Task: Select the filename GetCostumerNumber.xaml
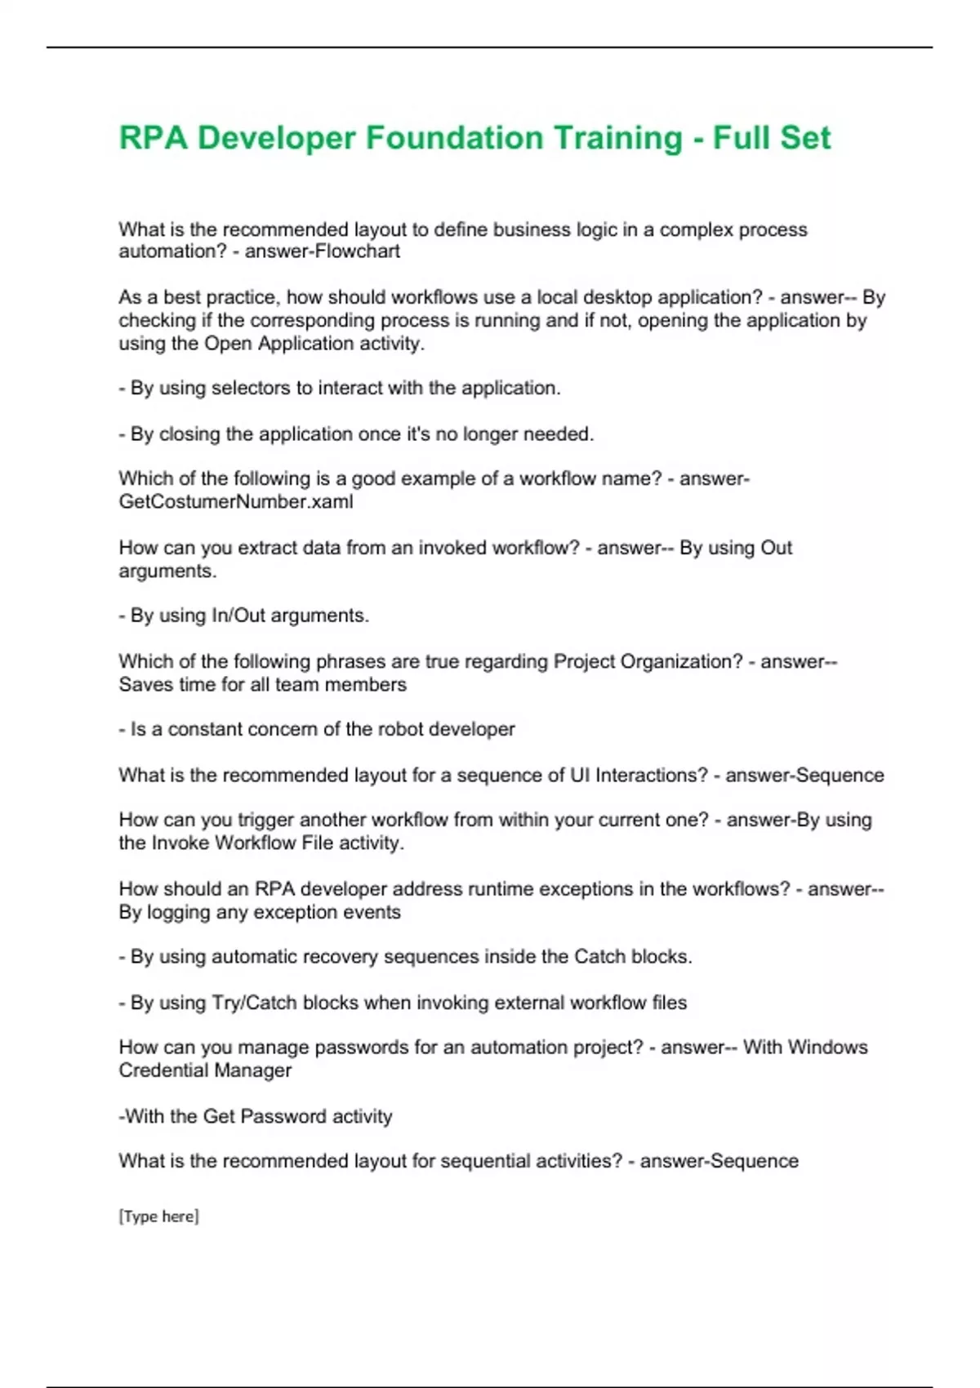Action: [236, 501]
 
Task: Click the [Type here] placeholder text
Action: [158, 1217]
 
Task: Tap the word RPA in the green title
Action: [154, 137]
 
